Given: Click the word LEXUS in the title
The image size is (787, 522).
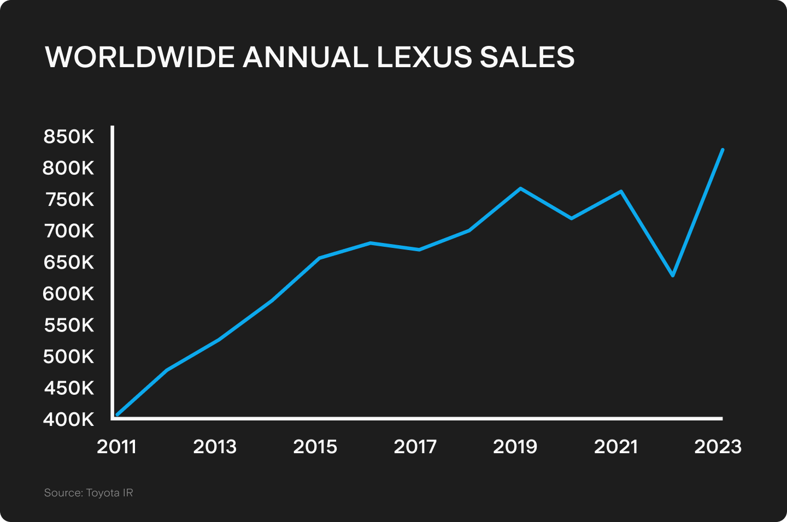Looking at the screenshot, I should (x=424, y=57).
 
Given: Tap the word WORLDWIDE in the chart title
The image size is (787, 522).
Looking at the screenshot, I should (x=140, y=57).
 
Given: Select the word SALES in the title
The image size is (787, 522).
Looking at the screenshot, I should (x=527, y=57).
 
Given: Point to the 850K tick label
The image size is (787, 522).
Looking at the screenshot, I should (x=69, y=137).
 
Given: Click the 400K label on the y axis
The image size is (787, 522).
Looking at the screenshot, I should (x=69, y=419).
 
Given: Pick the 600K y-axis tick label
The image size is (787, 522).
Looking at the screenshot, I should (x=69, y=294).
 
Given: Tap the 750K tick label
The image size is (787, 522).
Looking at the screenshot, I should (x=69, y=199).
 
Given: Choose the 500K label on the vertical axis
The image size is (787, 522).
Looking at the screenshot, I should (x=69, y=357).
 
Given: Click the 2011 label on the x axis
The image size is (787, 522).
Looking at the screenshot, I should (x=116, y=447).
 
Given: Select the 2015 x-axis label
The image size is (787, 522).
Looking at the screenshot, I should (x=315, y=447).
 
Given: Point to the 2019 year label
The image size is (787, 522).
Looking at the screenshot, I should (x=515, y=447).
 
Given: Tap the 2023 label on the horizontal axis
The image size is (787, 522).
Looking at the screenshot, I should (x=718, y=447).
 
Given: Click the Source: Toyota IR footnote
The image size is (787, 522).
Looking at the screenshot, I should (x=89, y=493).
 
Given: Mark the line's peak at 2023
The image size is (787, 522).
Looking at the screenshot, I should (x=723, y=150).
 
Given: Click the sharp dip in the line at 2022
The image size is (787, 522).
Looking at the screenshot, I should (x=673, y=275).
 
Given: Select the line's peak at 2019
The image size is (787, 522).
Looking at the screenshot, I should (x=520, y=188).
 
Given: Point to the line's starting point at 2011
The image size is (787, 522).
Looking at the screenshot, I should (x=117, y=415).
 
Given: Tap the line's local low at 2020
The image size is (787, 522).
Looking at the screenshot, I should (x=571, y=218).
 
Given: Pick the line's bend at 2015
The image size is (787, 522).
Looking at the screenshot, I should (x=319, y=258).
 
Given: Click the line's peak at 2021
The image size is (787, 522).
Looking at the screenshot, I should (x=621, y=191).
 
